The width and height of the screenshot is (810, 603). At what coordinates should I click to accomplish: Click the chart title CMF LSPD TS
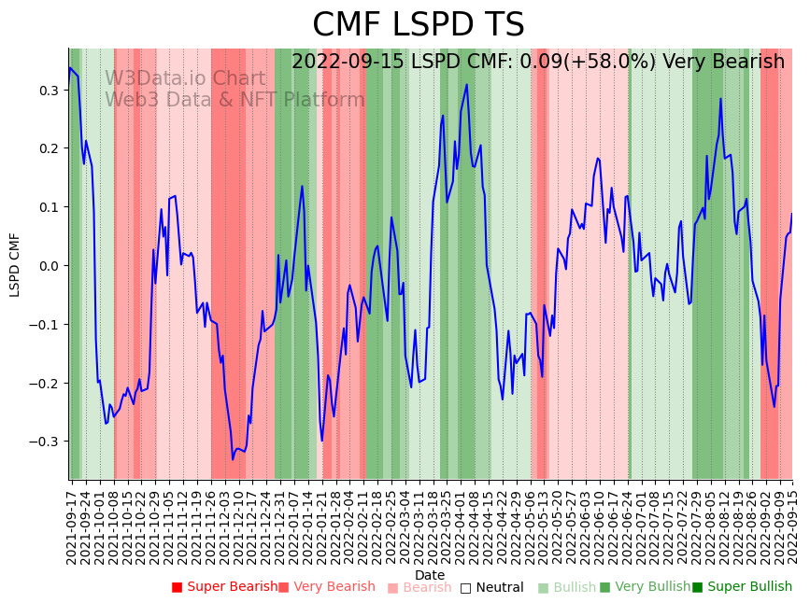pos(418,25)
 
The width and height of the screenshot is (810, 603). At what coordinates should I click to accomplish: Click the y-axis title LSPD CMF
pos(15,265)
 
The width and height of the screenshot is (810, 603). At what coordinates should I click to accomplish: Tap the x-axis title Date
pos(430,575)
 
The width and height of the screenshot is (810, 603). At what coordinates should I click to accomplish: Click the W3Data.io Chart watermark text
pos(185,79)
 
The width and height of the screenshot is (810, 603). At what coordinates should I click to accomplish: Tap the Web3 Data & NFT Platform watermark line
pos(234,100)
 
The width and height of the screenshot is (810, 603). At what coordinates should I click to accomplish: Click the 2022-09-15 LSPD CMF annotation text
pos(538,63)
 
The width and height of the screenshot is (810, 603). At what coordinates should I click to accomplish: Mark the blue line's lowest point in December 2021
pos(233,458)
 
